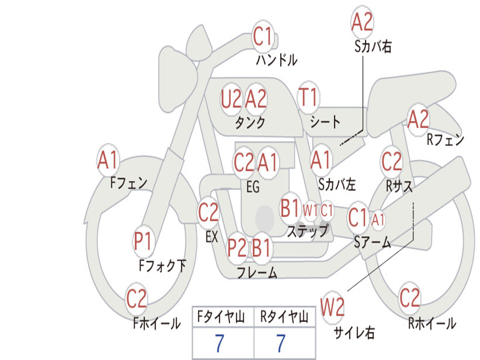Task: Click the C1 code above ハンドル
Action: pyautogui.click(x=262, y=36)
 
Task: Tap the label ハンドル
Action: pyautogui.click(x=277, y=60)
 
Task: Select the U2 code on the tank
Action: pyautogui.click(x=231, y=99)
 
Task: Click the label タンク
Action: pyautogui.click(x=250, y=122)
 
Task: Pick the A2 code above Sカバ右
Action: pyautogui.click(x=362, y=22)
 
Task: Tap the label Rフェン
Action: pyautogui.click(x=445, y=140)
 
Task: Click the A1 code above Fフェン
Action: pyautogui.click(x=107, y=159)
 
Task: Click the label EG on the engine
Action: pyautogui.click(x=253, y=187)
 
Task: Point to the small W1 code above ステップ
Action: pyautogui.click(x=310, y=210)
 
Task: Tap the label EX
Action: pyautogui.click(x=212, y=237)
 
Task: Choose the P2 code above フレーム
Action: pyautogui.click(x=237, y=247)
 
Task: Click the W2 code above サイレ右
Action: pyautogui.click(x=332, y=307)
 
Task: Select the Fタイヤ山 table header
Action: pyautogui.click(x=221, y=316)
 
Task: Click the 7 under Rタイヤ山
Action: pyautogui.click(x=281, y=343)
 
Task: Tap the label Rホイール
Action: pyautogui.click(x=432, y=323)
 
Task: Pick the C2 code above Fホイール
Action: pyautogui.click(x=136, y=299)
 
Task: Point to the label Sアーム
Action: pyautogui.click(x=373, y=242)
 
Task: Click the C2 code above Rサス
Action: pyautogui.click(x=391, y=161)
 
